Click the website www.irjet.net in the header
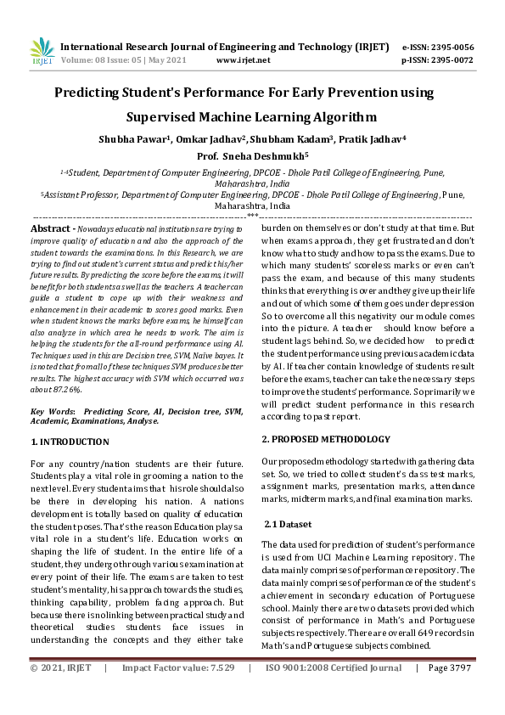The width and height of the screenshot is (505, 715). (244, 60)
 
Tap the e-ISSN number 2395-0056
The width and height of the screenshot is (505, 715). (452, 47)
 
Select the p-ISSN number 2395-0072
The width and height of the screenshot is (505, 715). (452, 60)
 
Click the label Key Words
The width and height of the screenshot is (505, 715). (54, 411)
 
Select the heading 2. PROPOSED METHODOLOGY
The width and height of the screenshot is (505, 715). (326, 438)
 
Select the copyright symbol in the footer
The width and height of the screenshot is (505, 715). (35, 692)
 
